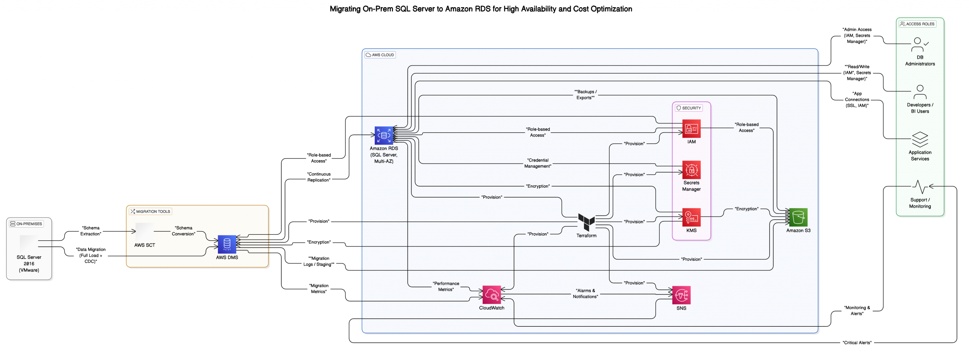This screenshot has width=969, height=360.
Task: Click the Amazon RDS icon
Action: pos(383,136)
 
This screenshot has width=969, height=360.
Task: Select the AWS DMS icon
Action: pos(227,244)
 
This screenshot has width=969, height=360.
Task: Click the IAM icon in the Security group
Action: pos(691,129)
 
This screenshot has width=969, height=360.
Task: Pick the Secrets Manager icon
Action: pos(691,170)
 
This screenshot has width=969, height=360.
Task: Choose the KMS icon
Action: pos(691,217)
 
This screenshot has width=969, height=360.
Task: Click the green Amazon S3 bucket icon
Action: pos(798,217)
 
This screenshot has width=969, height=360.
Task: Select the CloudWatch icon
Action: pos(491,295)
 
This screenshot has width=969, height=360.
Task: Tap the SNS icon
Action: pos(681,295)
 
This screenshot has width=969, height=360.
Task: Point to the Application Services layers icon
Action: pos(919,139)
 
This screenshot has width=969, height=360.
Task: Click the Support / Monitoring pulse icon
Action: pos(919,187)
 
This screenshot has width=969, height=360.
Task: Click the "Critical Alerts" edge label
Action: pos(857,343)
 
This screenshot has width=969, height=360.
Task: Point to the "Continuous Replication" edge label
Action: pos(318,177)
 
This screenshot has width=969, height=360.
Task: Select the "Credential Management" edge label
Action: pos(537,163)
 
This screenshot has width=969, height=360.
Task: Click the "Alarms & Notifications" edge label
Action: pos(585,294)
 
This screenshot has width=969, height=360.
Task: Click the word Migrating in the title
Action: pos(345,9)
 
